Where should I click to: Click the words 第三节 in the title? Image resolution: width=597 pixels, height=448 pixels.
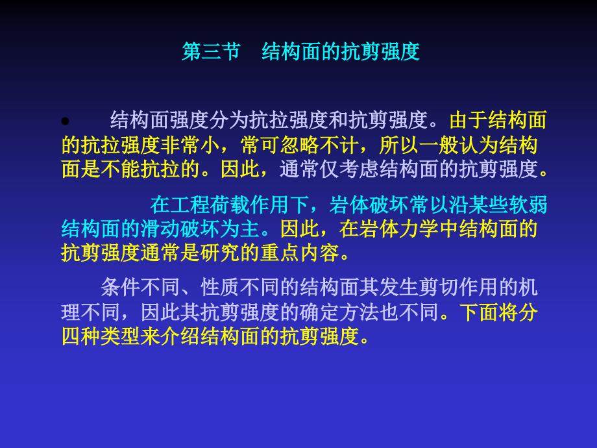point(212,51)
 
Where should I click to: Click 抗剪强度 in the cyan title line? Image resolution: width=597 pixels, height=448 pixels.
point(380,51)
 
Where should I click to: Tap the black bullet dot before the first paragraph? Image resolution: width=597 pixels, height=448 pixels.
point(66,121)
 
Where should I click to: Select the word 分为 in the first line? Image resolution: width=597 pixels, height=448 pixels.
point(229,120)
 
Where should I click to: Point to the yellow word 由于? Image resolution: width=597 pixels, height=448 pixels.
point(469,120)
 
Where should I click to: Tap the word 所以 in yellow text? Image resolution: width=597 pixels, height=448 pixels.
point(399,145)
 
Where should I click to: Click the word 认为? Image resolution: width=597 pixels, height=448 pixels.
point(478,145)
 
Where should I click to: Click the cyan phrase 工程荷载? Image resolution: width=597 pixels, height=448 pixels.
point(210,205)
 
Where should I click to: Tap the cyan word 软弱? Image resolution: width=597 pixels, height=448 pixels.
point(528,205)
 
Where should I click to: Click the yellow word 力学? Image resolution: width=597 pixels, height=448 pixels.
point(419,229)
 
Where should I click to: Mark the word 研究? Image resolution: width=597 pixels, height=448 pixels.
point(220,253)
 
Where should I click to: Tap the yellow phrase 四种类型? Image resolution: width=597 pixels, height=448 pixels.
point(101,336)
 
